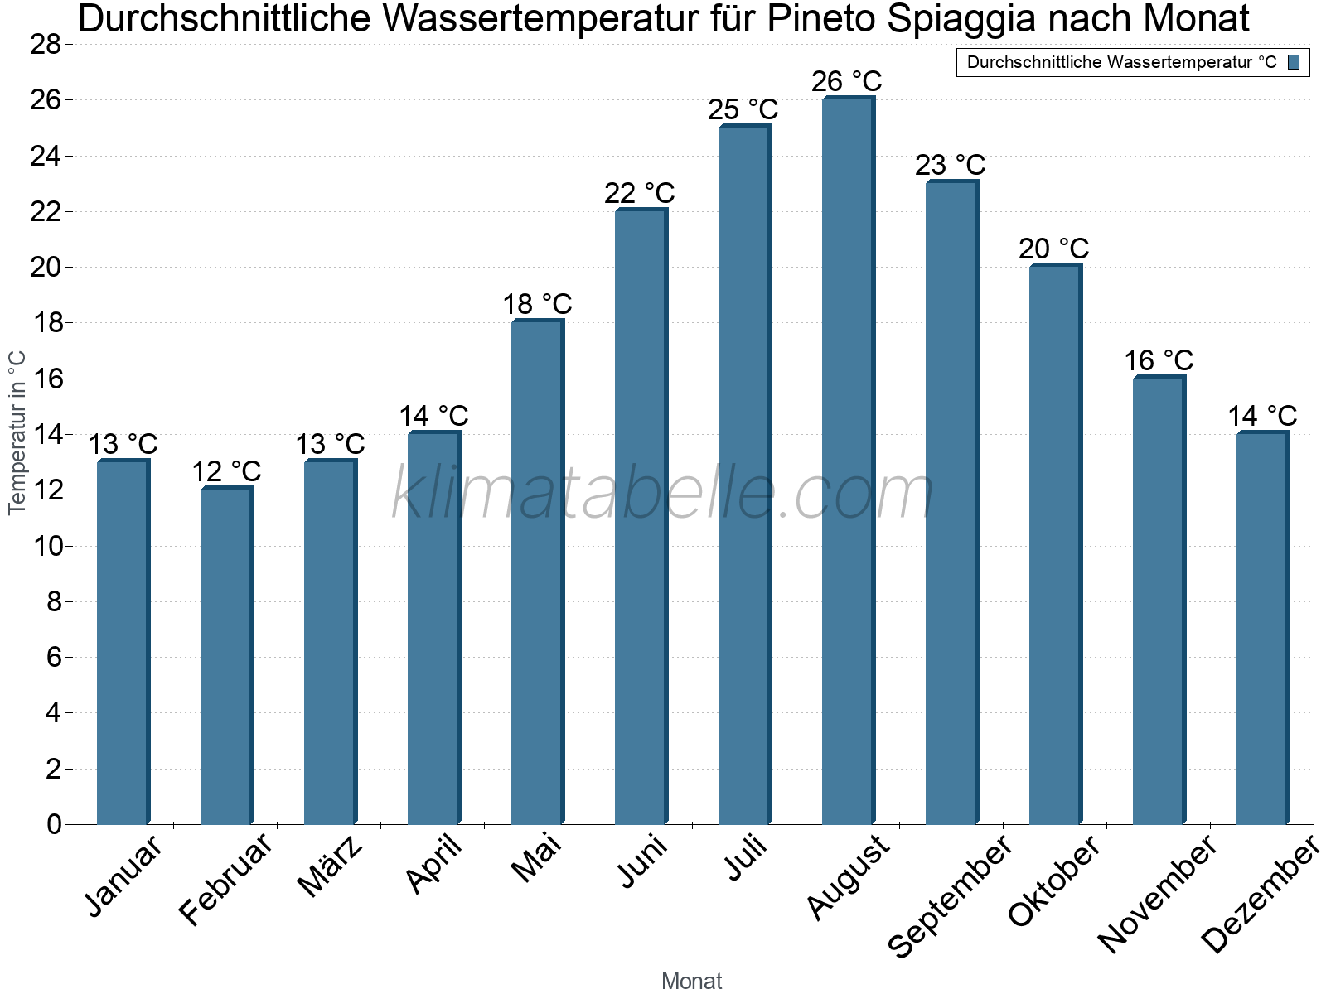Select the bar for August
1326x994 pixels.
pyautogui.click(x=847, y=461)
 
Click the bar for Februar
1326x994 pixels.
pyautogui.click(x=225, y=655)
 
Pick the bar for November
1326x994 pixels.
pyautogui.click(x=1158, y=600)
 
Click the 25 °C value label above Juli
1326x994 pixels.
pyautogui.click(x=743, y=109)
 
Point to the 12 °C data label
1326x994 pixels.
pyautogui.click(x=226, y=472)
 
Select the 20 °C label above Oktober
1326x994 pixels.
pyautogui.click(x=1054, y=248)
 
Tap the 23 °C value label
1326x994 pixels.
pyautogui.click(x=951, y=165)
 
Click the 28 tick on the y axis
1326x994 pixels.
pyautogui.click(x=46, y=44)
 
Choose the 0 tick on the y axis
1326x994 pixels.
pyautogui.click(x=54, y=824)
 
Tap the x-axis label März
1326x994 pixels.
pyautogui.click(x=330, y=866)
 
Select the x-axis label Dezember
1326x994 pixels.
pyautogui.click(x=1260, y=895)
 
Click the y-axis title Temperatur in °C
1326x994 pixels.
pyautogui.click(x=17, y=432)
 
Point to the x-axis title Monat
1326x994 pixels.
pyautogui.click(x=692, y=982)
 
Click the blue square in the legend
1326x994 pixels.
pyautogui.click(x=1294, y=62)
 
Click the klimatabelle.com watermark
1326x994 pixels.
pyautogui.click(x=663, y=495)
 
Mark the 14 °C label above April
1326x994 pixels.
pyautogui.click(x=433, y=416)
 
